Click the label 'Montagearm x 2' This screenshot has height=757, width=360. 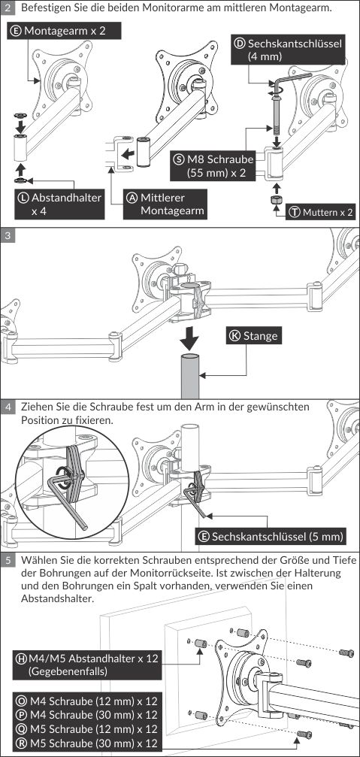tap(64, 31)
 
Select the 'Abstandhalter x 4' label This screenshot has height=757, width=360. tap(60, 204)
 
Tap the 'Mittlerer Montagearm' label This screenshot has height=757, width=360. tap(165, 204)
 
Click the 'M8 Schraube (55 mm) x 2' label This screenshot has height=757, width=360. tap(213, 165)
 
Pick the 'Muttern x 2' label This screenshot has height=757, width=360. tap(320, 212)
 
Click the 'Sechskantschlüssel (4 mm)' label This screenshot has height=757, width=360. tap(289, 50)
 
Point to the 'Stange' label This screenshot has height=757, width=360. tap(254, 335)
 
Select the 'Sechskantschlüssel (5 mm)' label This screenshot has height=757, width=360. tap(271, 536)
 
